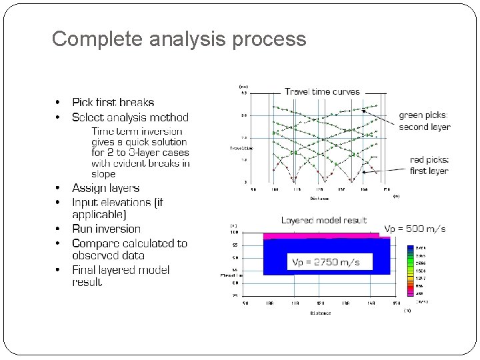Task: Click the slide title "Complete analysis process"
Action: click(x=179, y=39)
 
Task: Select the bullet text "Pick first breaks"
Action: click(x=113, y=102)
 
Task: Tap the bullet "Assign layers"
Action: click(x=105, y=188)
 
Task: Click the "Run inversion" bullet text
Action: click(x=106, y=229)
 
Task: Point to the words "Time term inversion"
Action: click(x=137, y=131)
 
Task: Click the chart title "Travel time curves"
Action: click(x=322, y=91)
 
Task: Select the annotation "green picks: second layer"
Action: click(x=424, y=121)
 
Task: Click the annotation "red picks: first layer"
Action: click(x=429, y=165)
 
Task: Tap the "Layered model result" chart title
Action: click(x=324, y=220)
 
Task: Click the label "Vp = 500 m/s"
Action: click(x=415, y=229)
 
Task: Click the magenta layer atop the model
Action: click(x=320, y=236)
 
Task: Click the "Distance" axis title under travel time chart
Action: click(x=319, y=199)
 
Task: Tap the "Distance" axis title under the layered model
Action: click(x=320, y=313)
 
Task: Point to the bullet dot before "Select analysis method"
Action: click(x=59, y=117)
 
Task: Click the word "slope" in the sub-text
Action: click(x=103, y=174)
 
